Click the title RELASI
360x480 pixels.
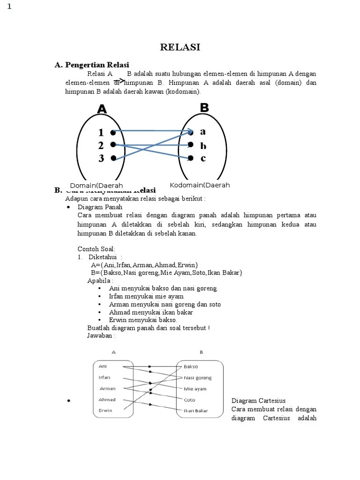pyautogui.click(x=180, y=47)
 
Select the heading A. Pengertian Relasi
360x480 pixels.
pyautogui.click(x=92, y=65)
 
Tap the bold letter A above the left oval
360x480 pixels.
pyautogui.click(x=102, y=109)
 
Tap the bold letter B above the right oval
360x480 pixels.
pyautogui.click(x=204, y=107)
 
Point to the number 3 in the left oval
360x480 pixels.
pyautogui.click(x=101, y=158)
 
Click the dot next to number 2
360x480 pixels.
pyautogui.click(x=113, y=145)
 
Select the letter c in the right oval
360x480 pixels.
pyautogui.click(x=203, y=158)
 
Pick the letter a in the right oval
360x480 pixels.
pyautogui.click(x=203, y=132)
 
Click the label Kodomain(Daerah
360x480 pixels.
pyautogui.click(x=200, y=185)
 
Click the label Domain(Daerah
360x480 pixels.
pyautogui.click(x=96, y=186)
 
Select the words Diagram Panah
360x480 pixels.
pyautogui.click(x=100, y=207)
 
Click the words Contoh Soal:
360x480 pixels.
pyautogui.click(x=96, y=249)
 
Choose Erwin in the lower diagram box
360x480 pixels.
pyautogui.click(x=105, y=411)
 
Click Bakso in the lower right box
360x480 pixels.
pyautogui.click(x=191, y=367)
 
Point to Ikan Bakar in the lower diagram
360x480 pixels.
pyautogui.click(x=196, y=411)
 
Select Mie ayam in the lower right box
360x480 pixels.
pyautogui.click(x=195, y=389)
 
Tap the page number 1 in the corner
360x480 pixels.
pyautogui.click(x=9, y=7)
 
